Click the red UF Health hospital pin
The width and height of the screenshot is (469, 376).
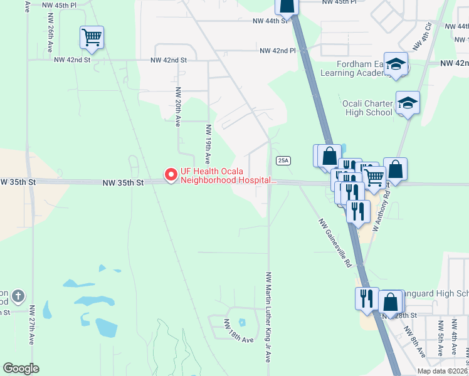click(x=170, y=175)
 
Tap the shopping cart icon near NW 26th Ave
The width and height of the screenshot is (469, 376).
click(x=92, y=38)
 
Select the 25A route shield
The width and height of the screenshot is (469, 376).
click(x=283, y=161)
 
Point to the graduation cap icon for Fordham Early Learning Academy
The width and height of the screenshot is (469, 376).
click(x=396, y=64)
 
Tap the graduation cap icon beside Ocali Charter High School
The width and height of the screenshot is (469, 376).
click(x=408, y=103)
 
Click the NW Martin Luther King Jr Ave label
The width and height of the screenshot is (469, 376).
click(x=268, y=316)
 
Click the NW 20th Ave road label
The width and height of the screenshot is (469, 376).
click(x=178, y=107)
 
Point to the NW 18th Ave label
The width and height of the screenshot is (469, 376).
click(x=239, y=339)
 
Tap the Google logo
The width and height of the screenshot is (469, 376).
click(x=21, y=368)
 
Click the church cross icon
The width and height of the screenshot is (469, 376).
click(x=18, y=296)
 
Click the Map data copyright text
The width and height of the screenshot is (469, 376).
click(x=443, y=371)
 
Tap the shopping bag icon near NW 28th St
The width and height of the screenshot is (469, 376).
click(x=390, y=302)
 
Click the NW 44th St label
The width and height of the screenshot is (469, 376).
click(x=270, y=21)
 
